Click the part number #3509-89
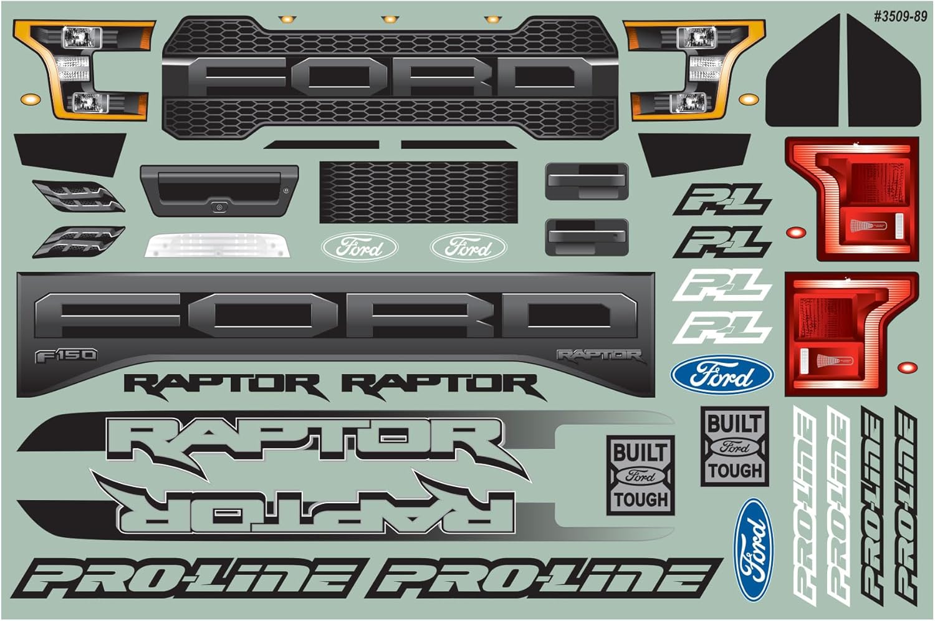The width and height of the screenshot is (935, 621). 899,17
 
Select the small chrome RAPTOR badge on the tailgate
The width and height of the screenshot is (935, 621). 599,355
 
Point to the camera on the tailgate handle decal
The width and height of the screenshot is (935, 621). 219,207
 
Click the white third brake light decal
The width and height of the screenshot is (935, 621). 218,246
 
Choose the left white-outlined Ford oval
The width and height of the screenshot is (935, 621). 360,248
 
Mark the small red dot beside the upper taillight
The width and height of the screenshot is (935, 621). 795,233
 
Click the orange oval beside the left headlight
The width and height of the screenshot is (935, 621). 30,99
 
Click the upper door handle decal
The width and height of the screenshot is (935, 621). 587,181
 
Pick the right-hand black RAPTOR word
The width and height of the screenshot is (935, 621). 440,385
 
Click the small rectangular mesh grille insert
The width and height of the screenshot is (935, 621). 418,192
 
